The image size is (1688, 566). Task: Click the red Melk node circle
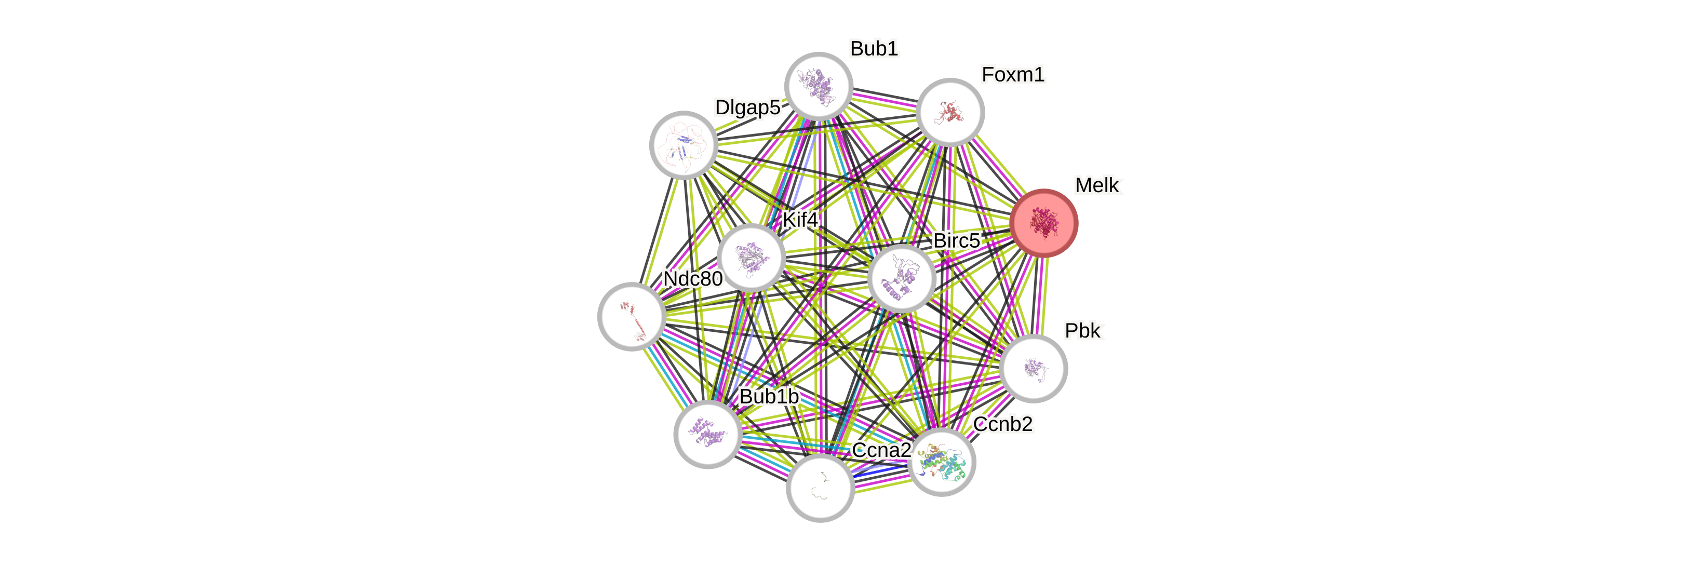pos(1043,223)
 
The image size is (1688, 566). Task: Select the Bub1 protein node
pos(819,87)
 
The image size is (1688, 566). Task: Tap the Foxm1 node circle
pos(949,112)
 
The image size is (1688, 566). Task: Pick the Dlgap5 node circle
pos(684,145)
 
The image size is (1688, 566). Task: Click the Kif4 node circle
pos(751,258)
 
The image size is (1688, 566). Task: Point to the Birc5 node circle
pos(902,278)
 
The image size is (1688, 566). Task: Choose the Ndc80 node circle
pos(632,316)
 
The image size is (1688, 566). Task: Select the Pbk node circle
pos(1034,368)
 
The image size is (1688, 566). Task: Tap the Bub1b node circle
pos(708,434)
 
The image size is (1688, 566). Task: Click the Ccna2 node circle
pos(820,488)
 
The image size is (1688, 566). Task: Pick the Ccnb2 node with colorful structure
pos(942,462)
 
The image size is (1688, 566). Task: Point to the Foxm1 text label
pos(1012,75)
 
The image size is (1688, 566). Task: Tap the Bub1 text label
pos(874,48)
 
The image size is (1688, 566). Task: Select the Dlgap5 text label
pos(747,107)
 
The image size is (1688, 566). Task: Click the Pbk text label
pos(1084,331)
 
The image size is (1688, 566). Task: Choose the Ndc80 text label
pos(693,278)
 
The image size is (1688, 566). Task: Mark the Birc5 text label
pos(957,240)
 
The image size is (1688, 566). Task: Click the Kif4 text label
pos(800,220)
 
